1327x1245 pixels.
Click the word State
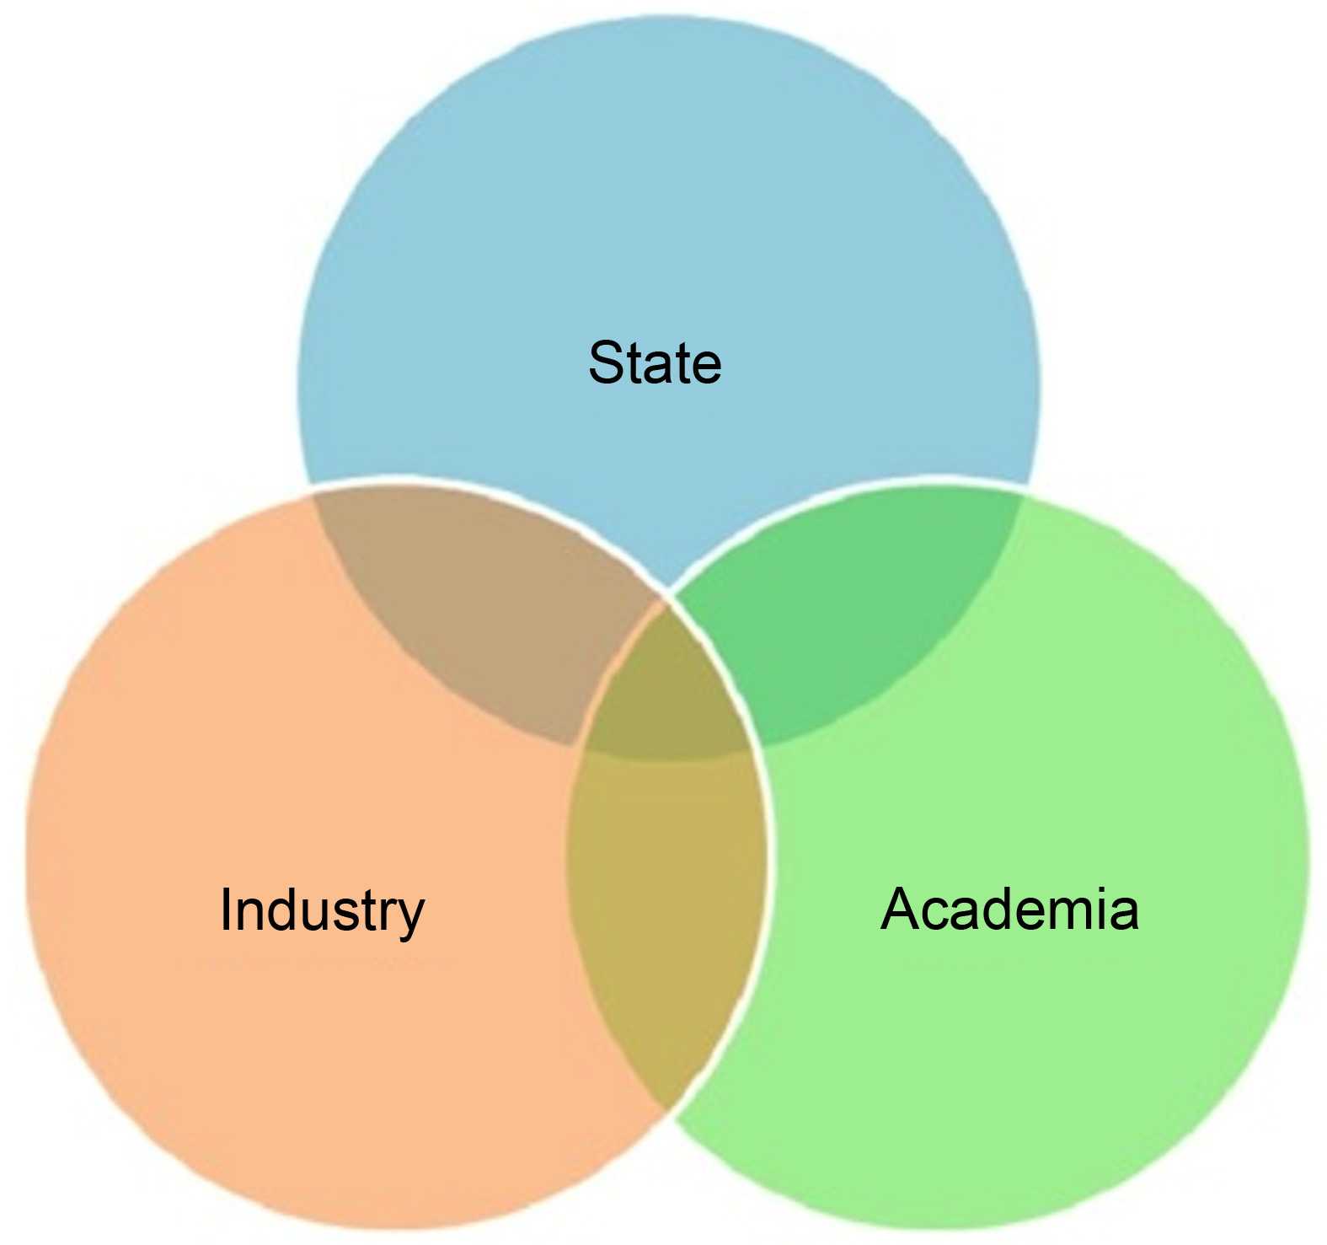coord(655,363)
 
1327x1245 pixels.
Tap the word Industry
coord(322,910)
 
